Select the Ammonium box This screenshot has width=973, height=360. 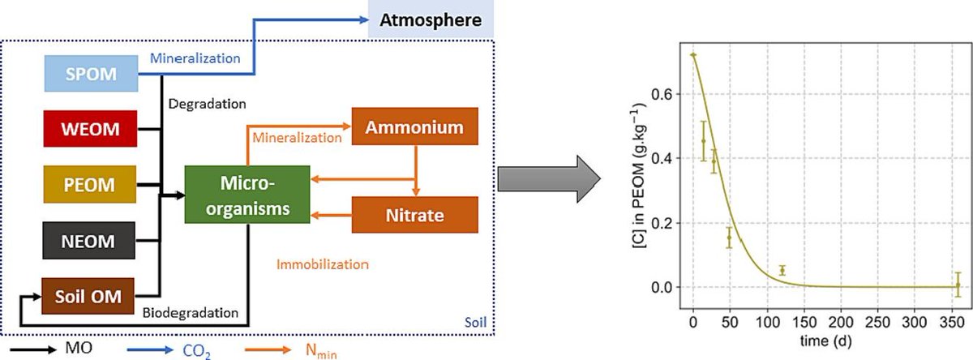point(415,128)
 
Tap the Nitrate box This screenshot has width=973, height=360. point(415,216)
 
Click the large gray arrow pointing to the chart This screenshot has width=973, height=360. point(549,174)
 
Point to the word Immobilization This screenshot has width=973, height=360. point(323,264)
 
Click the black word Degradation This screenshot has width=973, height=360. point(208,104)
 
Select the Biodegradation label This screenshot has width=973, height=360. point(191,312)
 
